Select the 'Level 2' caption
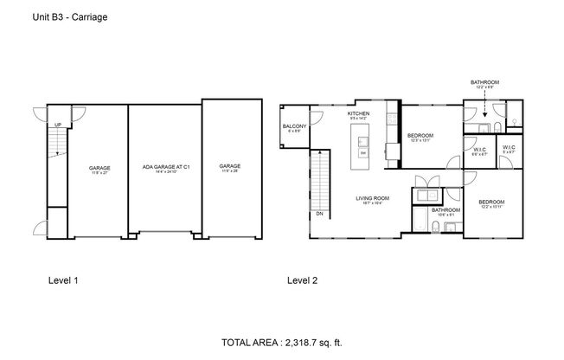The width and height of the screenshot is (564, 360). (302, 280)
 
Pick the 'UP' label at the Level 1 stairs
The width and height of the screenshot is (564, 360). (57, 125)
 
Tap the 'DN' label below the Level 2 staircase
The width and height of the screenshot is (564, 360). (319, 213)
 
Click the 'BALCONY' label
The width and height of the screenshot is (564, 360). (293, 127)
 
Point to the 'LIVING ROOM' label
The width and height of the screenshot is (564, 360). (373, 198)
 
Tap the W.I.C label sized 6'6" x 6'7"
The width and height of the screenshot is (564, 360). (479, 148)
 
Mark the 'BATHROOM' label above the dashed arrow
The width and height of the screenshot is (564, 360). (484, 81)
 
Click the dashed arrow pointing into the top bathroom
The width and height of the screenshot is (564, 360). (484, 108)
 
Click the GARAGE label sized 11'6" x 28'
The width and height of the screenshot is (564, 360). (229, 166)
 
